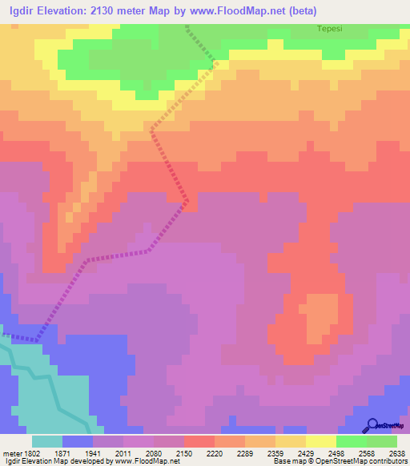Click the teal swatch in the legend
point(46,441)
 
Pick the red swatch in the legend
point(199,441)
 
